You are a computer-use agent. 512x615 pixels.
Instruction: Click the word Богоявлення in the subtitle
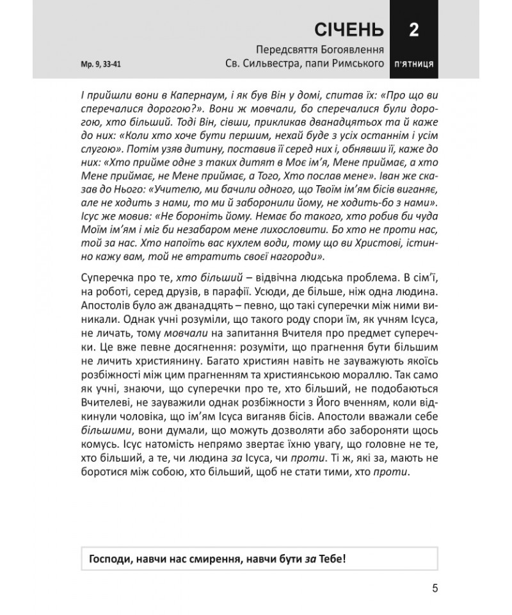tap(349, 49)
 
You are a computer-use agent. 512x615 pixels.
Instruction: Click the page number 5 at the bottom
tap(435, 589)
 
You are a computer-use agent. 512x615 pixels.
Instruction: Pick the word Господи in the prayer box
tap(110, 557)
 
